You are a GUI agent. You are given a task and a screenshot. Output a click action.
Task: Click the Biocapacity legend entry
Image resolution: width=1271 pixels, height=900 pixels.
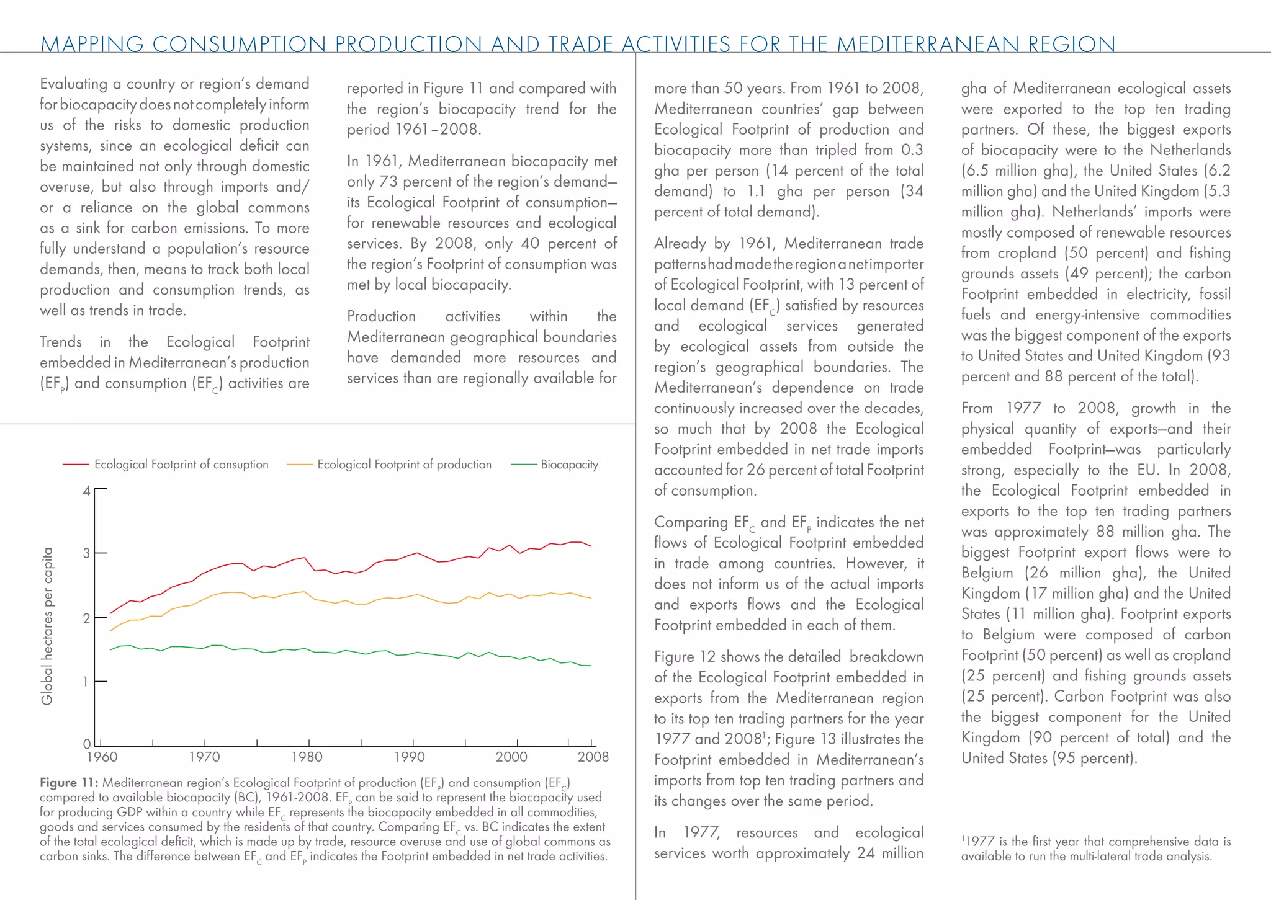tap(568, 465)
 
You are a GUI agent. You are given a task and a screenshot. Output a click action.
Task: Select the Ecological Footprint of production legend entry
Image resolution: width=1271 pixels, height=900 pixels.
tap(403, 465)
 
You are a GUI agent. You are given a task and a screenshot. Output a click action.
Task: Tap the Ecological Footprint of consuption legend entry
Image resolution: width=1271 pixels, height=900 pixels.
tap(181, 465)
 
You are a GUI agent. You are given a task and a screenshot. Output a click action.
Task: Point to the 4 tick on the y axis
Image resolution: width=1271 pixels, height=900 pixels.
tap(87, 491)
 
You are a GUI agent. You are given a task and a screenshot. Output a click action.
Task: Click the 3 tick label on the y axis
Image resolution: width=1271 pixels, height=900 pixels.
tap(87, 553)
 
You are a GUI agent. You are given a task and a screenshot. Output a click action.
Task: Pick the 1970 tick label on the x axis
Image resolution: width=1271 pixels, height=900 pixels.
tap(204, 757)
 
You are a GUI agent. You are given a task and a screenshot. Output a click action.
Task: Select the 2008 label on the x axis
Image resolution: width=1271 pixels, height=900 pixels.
tap(593, 757)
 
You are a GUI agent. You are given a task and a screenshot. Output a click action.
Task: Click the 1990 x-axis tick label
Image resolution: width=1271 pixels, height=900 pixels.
tap(409, 757)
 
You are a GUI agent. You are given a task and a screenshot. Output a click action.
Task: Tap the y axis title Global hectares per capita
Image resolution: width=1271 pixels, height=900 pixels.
tap(47, 626)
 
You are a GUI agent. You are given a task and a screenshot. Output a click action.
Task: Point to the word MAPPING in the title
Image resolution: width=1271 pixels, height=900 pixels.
tap(92, 44)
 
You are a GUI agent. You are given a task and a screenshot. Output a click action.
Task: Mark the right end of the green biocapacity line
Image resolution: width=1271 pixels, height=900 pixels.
tap(591, 666)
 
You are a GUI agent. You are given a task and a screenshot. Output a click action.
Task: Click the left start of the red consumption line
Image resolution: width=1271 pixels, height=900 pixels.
tap(110, 613)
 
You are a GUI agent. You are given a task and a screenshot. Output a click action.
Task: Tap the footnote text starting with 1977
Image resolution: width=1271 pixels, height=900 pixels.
tap(1095, 849)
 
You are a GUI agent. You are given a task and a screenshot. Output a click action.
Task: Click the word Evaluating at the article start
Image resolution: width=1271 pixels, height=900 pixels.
tap(73, 84)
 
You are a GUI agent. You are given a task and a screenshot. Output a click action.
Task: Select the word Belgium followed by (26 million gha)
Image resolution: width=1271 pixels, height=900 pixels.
tap(987, 573)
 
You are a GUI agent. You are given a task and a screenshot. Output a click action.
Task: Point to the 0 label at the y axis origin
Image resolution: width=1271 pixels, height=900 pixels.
tap(87, 744)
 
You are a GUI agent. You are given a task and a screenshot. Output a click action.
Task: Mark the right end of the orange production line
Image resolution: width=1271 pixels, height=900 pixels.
tap(591, 598)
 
